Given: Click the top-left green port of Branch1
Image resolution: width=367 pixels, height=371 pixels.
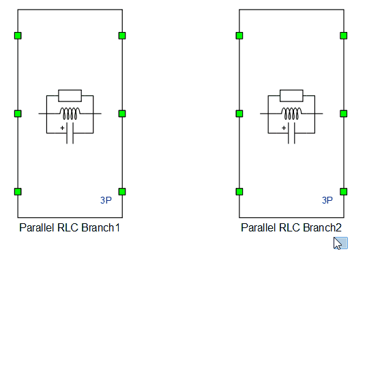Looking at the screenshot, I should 18,35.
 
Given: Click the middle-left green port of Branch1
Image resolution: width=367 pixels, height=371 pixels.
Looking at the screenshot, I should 18,114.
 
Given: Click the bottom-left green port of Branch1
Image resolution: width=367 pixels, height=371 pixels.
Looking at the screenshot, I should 18,191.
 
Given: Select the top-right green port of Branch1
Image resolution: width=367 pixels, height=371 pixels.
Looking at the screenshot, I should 122,35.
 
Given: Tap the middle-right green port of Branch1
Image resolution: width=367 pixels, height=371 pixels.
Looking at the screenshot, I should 122,114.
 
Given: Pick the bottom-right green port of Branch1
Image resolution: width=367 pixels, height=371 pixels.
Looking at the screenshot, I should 122,191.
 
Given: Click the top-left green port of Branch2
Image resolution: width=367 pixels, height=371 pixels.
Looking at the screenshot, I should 239,35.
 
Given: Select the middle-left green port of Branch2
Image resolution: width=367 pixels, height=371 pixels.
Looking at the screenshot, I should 239,114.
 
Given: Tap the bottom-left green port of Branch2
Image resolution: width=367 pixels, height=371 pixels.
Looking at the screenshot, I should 239,191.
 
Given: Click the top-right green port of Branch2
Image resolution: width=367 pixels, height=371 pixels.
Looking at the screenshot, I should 344,35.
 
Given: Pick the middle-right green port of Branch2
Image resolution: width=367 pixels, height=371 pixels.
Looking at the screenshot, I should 344,114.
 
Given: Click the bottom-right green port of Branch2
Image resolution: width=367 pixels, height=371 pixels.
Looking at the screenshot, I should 344,191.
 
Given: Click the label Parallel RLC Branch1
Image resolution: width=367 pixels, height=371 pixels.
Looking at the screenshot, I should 70,227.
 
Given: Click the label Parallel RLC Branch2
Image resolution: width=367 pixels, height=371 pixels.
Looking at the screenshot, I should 291,227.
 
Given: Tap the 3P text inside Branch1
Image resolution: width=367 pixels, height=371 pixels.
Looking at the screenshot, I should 106,200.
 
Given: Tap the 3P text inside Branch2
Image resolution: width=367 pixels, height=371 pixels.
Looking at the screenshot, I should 327,200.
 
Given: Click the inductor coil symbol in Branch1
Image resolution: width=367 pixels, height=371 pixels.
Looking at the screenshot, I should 70,113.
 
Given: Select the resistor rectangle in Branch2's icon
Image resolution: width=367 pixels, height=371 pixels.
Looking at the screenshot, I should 292,95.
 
